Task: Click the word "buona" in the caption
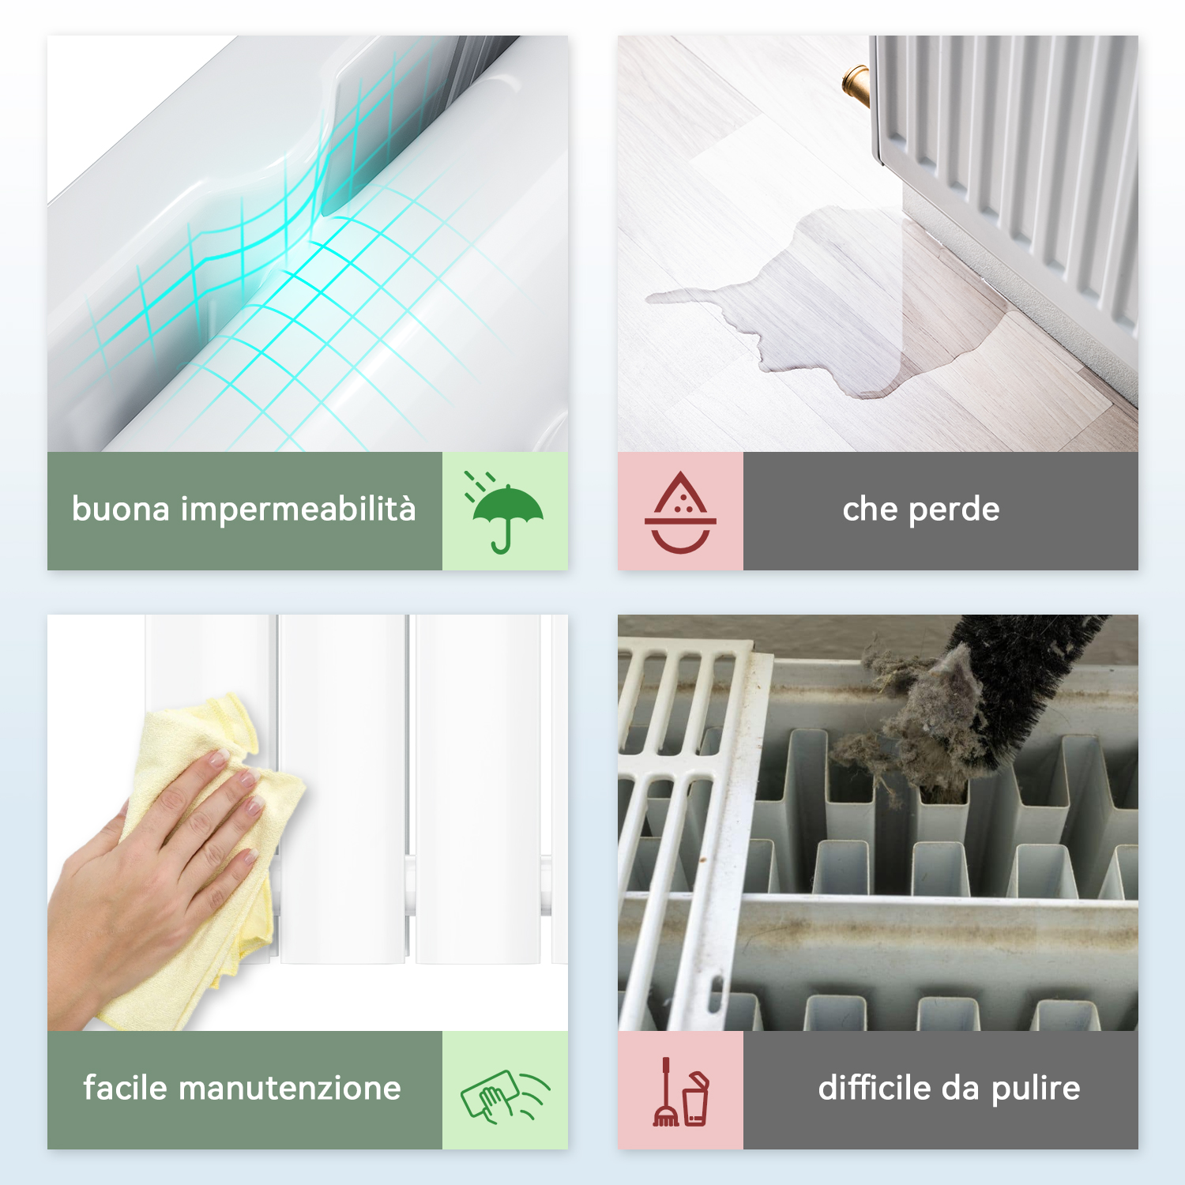click(121, 510)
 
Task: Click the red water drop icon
click(680, 512)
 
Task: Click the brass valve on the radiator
click(856, 85)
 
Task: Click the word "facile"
click(126, 1088)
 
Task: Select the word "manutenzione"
click(290, 1089)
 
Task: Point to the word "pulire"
click(1036, 1090)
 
